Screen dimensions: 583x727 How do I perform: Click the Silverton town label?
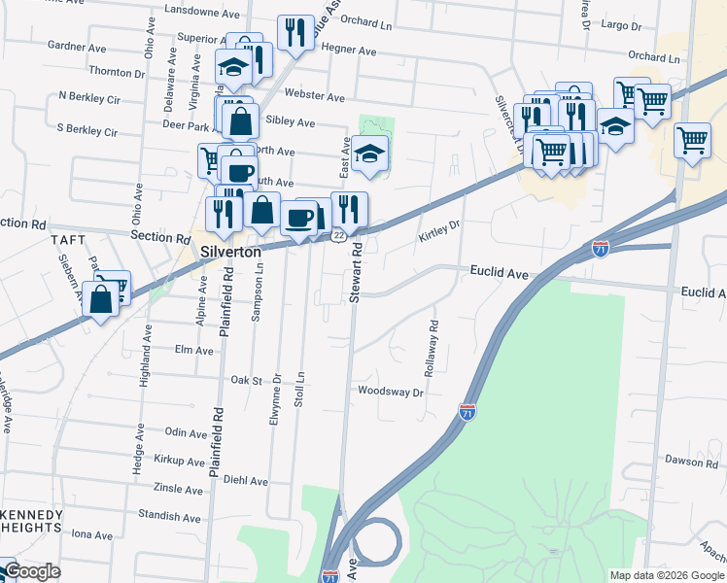(230, 251)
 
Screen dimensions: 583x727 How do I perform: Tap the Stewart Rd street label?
(357, 272)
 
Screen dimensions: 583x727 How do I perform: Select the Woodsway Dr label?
(391, 393)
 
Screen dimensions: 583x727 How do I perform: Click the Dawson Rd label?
(690, 463)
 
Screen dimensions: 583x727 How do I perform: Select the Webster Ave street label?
(314, 97)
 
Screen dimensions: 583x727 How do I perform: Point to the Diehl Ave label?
(245, 480)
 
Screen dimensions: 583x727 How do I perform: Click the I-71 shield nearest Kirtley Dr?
(601, 249)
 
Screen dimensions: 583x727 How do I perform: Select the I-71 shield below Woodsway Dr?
(467, 412)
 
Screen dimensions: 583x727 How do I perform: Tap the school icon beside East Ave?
(369, 154)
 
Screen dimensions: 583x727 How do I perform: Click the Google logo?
(31, 571)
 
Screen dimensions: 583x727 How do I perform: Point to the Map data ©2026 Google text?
(667, 575)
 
